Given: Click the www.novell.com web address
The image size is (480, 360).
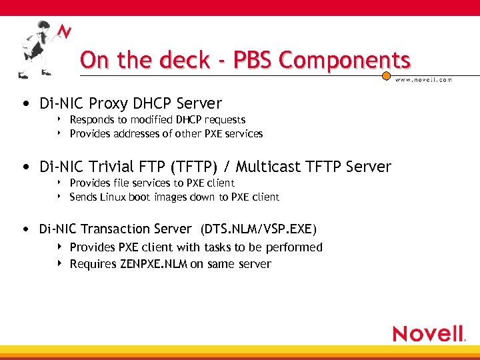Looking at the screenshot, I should pos(424,79).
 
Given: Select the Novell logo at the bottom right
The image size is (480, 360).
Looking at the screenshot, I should pos(429,333).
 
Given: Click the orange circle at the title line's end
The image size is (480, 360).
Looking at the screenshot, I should pos(386,77).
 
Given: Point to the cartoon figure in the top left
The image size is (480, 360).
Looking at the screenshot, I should pos(37,48).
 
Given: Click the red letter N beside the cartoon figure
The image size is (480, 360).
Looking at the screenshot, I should pos(65,31).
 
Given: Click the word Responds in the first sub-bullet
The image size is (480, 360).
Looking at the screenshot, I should pos(91,120).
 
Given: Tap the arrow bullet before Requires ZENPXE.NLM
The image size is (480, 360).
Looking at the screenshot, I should pos(60,264).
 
